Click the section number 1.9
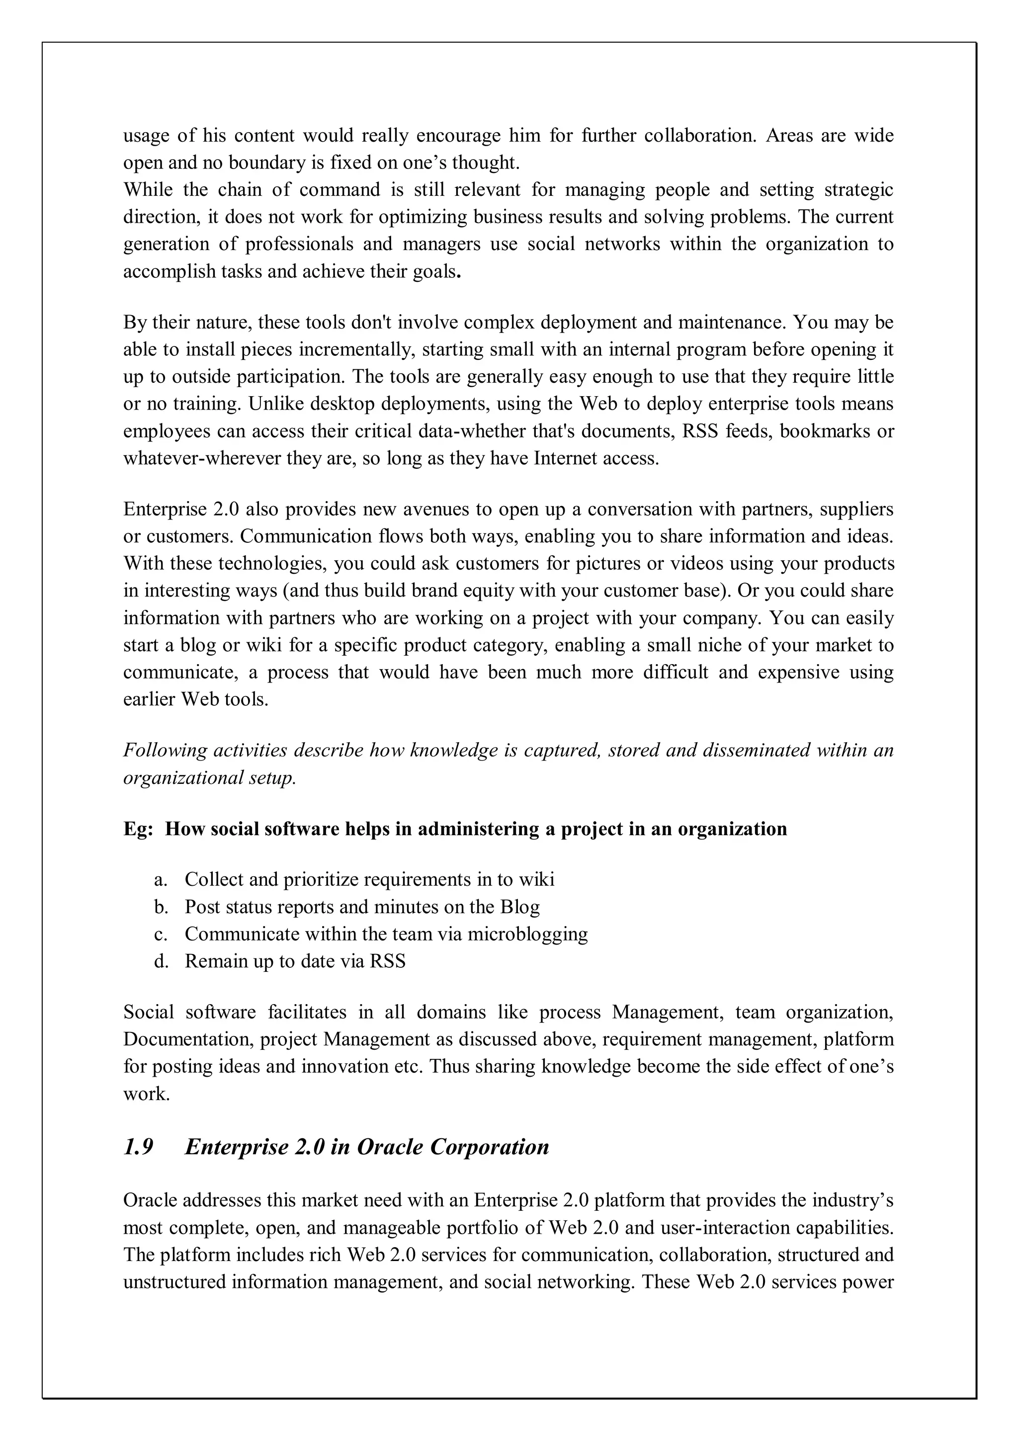pos(138,1148)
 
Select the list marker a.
pos(161,880)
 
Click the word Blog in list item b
pos(520,907)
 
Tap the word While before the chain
pos(148,189)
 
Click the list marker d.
pos(161,961)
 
